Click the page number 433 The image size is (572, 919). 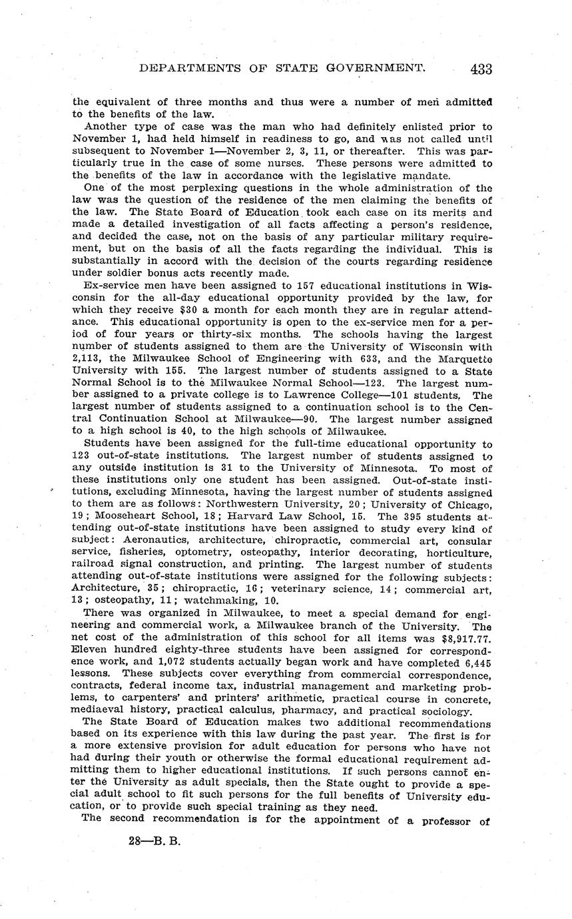coord(480,68)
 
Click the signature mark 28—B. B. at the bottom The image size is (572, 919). coord(154,840)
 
